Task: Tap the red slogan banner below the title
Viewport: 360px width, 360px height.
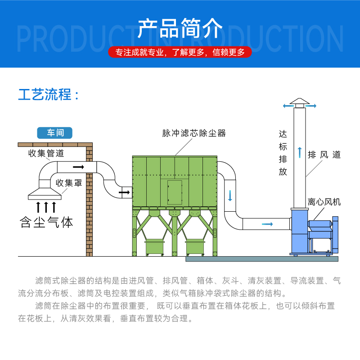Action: [x=180, y=52]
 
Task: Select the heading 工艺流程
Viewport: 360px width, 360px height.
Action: [x=49, y=95]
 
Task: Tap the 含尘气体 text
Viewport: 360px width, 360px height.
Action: [x=46, y=222]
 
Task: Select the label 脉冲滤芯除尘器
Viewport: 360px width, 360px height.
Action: [x=194, y=133]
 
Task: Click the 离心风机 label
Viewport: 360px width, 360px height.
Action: [x=324, y=202]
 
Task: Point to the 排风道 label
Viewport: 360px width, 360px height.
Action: [x=324, y=155]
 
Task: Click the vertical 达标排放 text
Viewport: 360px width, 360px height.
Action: [x=283, y=153]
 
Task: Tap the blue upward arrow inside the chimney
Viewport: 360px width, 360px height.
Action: [x=299, y=152]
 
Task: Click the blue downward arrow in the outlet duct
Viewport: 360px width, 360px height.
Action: [x=230, y=195]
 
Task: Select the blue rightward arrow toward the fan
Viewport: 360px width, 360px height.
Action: [x=267, y=223]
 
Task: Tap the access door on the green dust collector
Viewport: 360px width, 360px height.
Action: [x=175, y=193]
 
